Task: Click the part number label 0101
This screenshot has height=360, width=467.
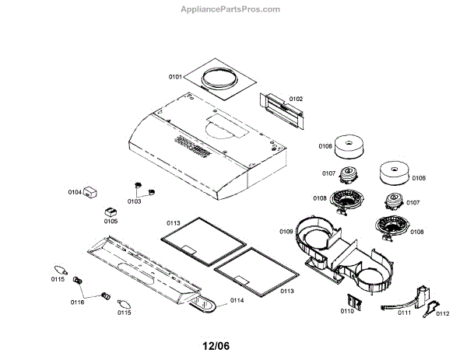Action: [175, 77]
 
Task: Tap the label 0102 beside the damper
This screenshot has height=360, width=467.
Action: [297, 99]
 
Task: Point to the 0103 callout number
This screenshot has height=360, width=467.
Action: [134, 201]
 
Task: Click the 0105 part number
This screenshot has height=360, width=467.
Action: [111, 221]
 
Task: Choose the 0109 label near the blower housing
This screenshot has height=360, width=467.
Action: [286, 231]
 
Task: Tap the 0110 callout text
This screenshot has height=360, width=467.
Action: [346, 311]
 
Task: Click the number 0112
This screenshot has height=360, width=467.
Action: [442, 313]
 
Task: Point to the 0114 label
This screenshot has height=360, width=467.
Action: [237, 300]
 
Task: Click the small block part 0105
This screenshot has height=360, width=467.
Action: [110, 210]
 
